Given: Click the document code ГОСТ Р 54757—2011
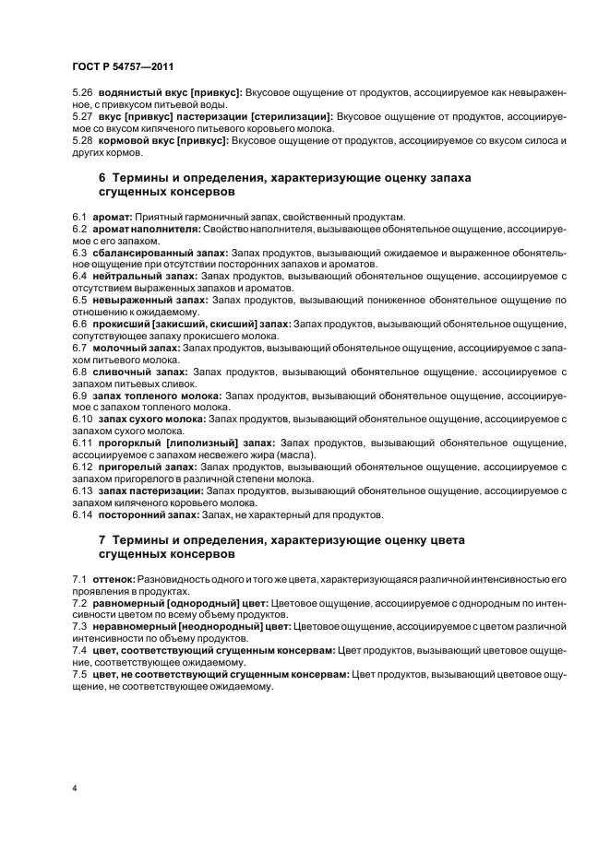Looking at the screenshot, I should click(x=122, y=67).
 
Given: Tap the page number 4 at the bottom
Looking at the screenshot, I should click(x=75, y=788).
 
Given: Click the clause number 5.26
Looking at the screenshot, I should click(x=82, y=93).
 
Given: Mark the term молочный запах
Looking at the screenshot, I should click(x=135, y=347).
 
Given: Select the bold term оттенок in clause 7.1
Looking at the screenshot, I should click(x=114, y=578).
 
